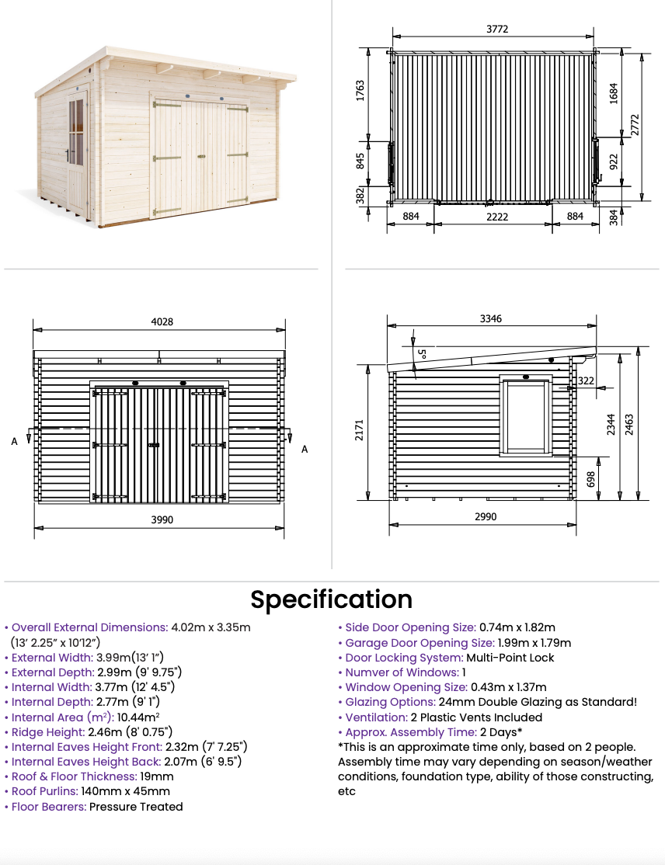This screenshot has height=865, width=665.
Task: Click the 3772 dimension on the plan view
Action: [x=496, y=29]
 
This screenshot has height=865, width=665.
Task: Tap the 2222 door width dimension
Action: [x=496, y=217]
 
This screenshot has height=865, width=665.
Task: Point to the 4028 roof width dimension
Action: [x=162, y=321]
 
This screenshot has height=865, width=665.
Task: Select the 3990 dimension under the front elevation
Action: [x=162, y=519]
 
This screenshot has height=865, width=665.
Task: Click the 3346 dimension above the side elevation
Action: [x=491, y=318]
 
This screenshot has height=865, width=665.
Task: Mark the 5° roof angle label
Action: [x=422, y=353]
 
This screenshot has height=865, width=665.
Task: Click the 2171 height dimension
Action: [x=359, y=429]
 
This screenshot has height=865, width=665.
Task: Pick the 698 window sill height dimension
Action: [x=590, y=479]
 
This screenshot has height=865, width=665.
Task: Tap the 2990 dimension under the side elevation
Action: [x=485, y=516]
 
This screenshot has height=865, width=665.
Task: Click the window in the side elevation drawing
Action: [x=526, y=416]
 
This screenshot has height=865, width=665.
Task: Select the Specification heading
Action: [x=331, y=599]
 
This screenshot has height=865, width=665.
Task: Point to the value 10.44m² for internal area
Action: [x=138, y=717]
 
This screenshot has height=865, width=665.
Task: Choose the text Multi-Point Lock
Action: [x=510, y=658]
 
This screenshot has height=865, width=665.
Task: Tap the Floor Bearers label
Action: [x=49, y=807]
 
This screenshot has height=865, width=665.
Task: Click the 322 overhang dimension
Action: [x=586, y=380]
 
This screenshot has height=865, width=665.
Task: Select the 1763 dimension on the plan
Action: [x=360, y=91]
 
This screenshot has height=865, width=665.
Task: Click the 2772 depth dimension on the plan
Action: [x=635, y=125]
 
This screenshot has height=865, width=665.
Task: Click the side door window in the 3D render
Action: [x=76, y=133]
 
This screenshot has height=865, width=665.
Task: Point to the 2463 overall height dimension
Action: [x=629, y=425]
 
